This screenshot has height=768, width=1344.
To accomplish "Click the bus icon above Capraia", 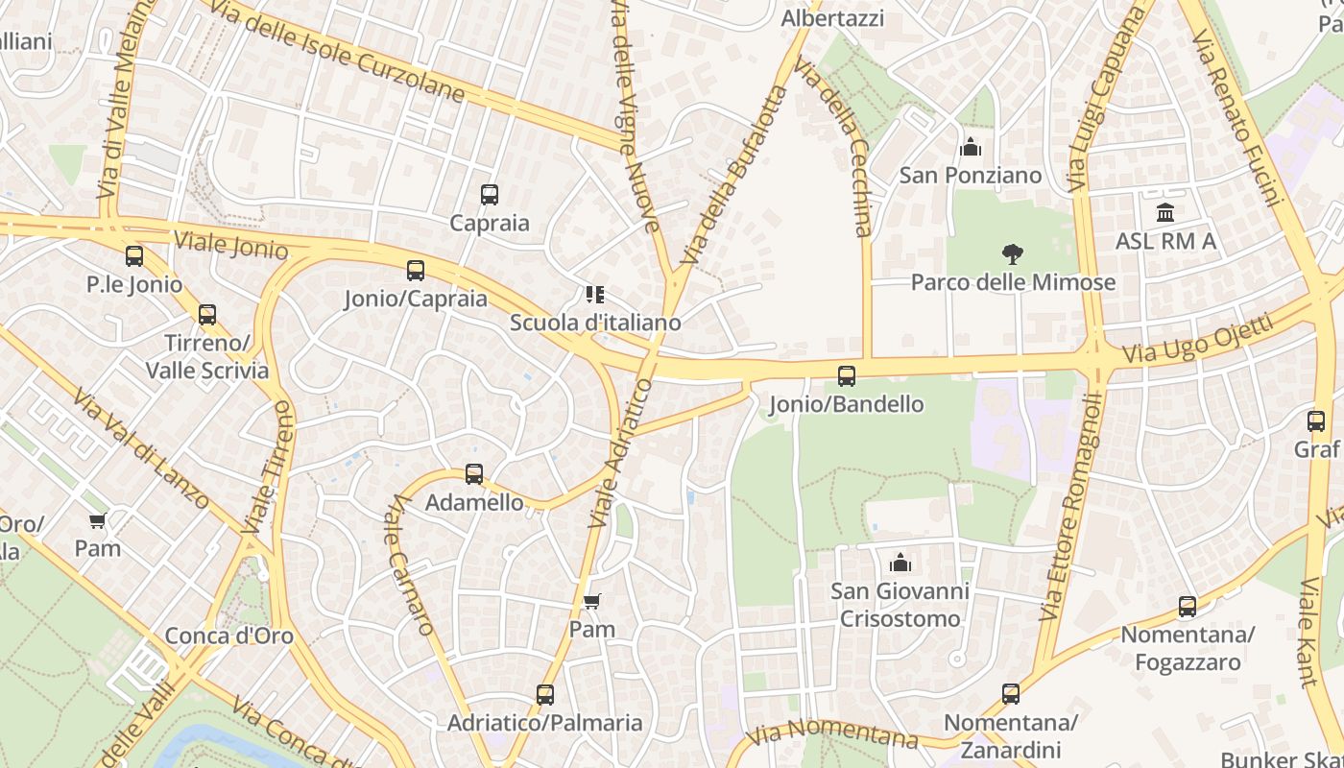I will tap(490, 195).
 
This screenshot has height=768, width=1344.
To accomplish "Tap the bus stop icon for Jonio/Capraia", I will tap(416, 271).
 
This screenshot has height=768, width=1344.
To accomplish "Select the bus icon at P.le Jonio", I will tap(134, 256).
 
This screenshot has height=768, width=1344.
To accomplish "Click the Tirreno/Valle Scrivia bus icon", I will tap(207, 315).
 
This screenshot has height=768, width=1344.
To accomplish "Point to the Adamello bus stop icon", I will tap(474, 474).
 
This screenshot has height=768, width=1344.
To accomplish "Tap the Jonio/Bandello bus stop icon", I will tap(847, 376).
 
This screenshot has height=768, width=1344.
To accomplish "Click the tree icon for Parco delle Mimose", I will tap(1012, 254).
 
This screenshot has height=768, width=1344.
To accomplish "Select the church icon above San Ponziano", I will tap(971, 148).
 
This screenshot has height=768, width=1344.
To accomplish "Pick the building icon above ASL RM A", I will tap(1165, 212).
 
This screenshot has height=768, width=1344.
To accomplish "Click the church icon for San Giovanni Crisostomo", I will tap(900, 563).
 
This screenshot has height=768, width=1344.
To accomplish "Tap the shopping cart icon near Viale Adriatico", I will tap(592, 602).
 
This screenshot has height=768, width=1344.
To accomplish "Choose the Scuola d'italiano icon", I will tap(595, 294).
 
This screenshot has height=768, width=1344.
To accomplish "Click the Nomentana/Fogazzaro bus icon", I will tap(1188, 607).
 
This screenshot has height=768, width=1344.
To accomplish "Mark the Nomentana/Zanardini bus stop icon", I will tap(1011, 694).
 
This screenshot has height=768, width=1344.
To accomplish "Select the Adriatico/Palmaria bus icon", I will tap(545, 695).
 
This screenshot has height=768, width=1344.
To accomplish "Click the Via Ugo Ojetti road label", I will tap(1198, 340).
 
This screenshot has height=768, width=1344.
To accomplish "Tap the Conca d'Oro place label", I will tap(229, 636).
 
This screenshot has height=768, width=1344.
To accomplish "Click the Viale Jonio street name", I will tap(230, 245).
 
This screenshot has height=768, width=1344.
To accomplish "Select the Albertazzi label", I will tap(832, 17).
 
